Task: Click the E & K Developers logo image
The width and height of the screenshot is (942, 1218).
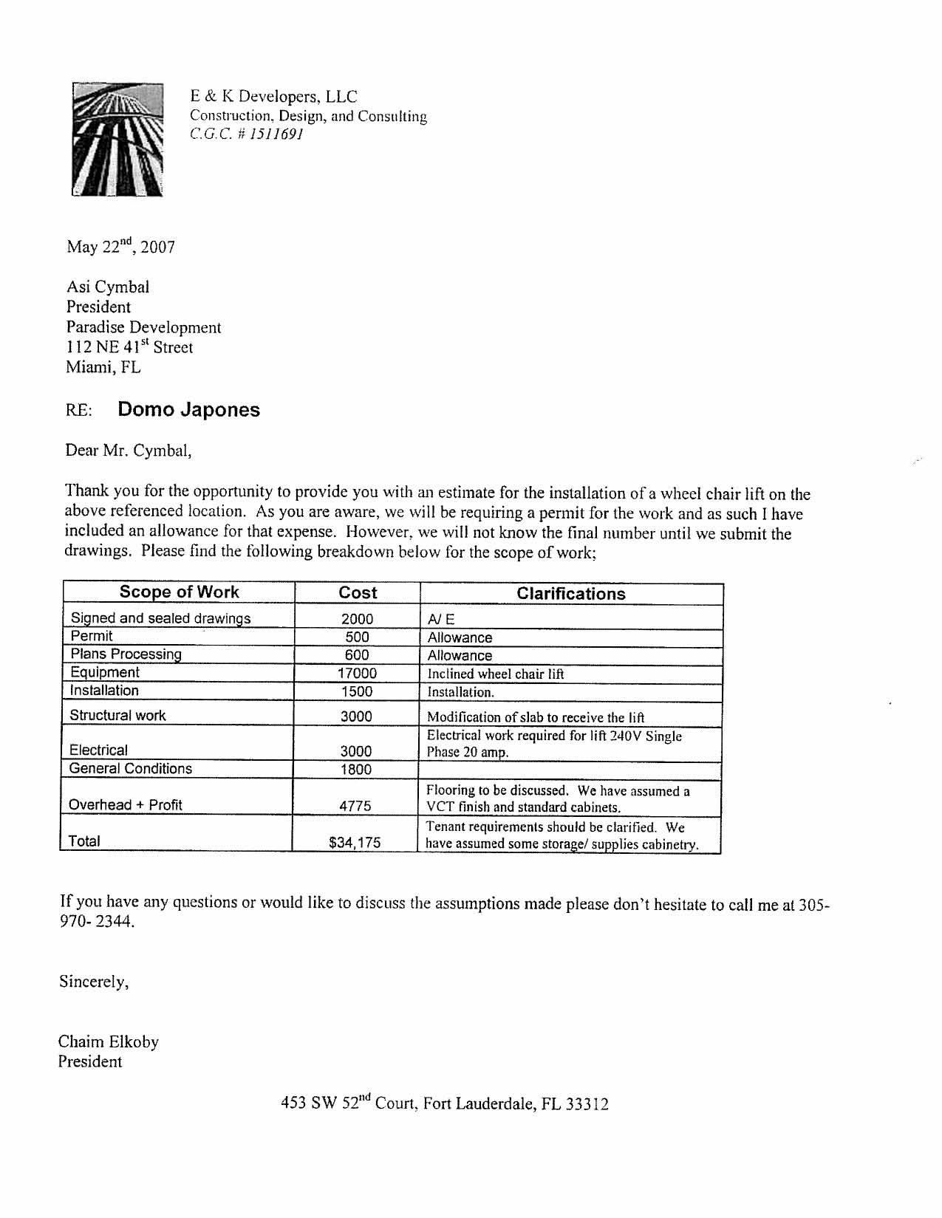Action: pos(117,138)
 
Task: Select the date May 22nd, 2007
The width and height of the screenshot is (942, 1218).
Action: pos(120,247)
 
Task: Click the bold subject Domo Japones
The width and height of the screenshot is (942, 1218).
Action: pos(188,410)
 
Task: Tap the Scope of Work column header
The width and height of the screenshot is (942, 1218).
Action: pos(179,592)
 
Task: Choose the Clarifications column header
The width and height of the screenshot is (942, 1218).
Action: pos(570,594)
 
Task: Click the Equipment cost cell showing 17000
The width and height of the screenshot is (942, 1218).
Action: pos(357,674)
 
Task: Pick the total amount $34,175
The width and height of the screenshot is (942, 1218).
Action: pos(355,842)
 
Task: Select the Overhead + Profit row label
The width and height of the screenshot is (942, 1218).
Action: pos(125,805)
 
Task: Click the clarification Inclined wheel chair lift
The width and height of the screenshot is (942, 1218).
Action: pos(495,674)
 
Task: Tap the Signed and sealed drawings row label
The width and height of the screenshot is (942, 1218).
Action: pos(160,618)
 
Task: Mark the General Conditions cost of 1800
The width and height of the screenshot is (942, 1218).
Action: pos(356,770)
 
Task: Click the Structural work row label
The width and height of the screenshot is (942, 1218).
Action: pos(117,715)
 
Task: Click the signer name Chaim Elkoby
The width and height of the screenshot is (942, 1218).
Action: pos(108,1041)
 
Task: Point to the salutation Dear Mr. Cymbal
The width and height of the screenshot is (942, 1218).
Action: pos(129,451)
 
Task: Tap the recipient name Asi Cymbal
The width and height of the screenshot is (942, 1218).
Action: pos(107,287)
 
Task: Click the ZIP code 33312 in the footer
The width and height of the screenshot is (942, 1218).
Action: pos(587,1105)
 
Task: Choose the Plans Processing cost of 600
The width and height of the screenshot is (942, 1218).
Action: pos(357,655)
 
